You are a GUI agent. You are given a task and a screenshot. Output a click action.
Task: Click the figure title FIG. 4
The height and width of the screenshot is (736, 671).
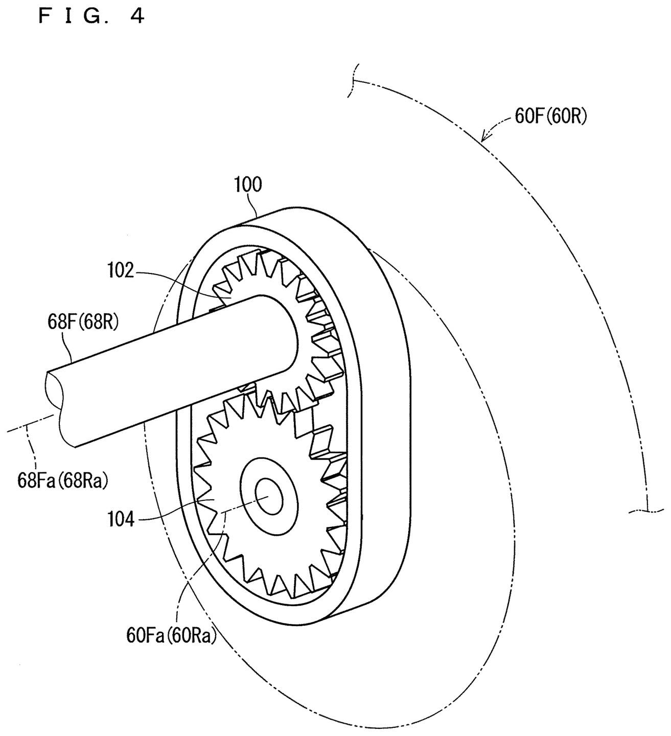91,16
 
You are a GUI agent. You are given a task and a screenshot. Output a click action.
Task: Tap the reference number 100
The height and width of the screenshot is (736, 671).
248,185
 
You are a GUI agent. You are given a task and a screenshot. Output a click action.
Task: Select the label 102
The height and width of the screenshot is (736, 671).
121,270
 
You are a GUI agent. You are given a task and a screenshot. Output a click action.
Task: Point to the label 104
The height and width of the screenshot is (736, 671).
121,520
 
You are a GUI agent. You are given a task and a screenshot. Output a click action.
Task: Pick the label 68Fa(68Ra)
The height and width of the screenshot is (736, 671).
63,481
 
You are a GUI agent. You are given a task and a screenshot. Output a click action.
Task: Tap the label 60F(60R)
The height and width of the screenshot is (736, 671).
551,117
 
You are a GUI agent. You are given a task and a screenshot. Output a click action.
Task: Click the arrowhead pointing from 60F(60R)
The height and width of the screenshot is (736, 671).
485,136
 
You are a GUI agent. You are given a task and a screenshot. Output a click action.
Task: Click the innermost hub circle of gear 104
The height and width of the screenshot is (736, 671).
269,496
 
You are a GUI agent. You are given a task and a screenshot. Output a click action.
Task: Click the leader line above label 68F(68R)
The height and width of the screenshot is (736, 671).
69,346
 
